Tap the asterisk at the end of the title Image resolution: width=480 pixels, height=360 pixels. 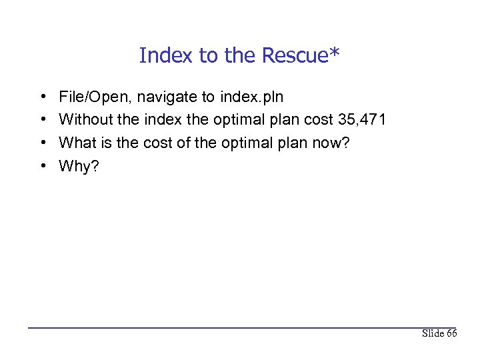coord(335,52)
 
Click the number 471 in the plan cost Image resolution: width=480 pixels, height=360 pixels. coord(371,120)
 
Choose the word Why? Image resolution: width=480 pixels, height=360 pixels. coord(79,166)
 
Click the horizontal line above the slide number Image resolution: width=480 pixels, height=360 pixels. coord(240,327)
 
